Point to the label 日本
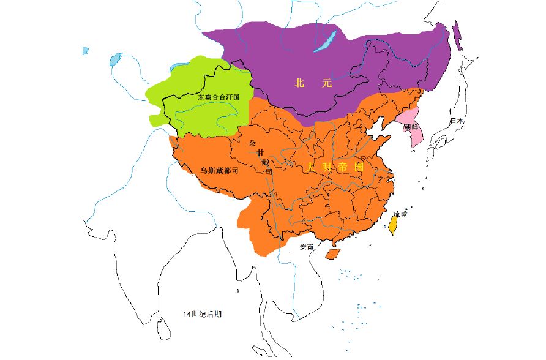point(457,121)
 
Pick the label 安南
point(307,247)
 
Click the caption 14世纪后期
point(202,314)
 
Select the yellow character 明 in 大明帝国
point(327,167)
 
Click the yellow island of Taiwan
point(394,225)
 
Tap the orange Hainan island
point(333,253)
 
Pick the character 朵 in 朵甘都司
point(252,144)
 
